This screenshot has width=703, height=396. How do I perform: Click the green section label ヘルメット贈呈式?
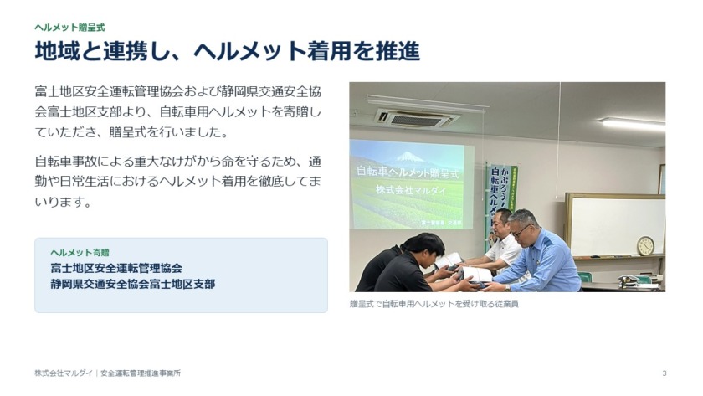(70, 28)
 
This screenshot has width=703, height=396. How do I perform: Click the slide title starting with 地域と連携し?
(228, 51)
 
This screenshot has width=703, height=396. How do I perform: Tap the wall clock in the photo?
(645, 246)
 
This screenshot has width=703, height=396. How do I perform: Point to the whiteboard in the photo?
(615, 225)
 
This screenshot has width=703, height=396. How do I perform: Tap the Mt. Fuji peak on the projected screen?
(408, 156)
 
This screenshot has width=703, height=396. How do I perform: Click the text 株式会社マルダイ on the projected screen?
(411, 190)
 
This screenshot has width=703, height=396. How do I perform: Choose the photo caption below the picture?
(434, 304)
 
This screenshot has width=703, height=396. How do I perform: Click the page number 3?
(665, 373)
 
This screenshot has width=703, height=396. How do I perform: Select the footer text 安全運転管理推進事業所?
(141, 373)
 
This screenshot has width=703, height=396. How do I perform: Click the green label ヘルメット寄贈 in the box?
(80, 253)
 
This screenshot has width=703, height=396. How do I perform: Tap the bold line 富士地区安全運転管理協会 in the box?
(116, 268)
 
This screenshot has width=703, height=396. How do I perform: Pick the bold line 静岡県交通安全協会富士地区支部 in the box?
(133, 285)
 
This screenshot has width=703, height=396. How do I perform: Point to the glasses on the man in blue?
(521, 231)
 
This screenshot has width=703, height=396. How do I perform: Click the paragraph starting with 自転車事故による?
(178, 182)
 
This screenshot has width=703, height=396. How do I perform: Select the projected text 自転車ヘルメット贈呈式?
(408, 172)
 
